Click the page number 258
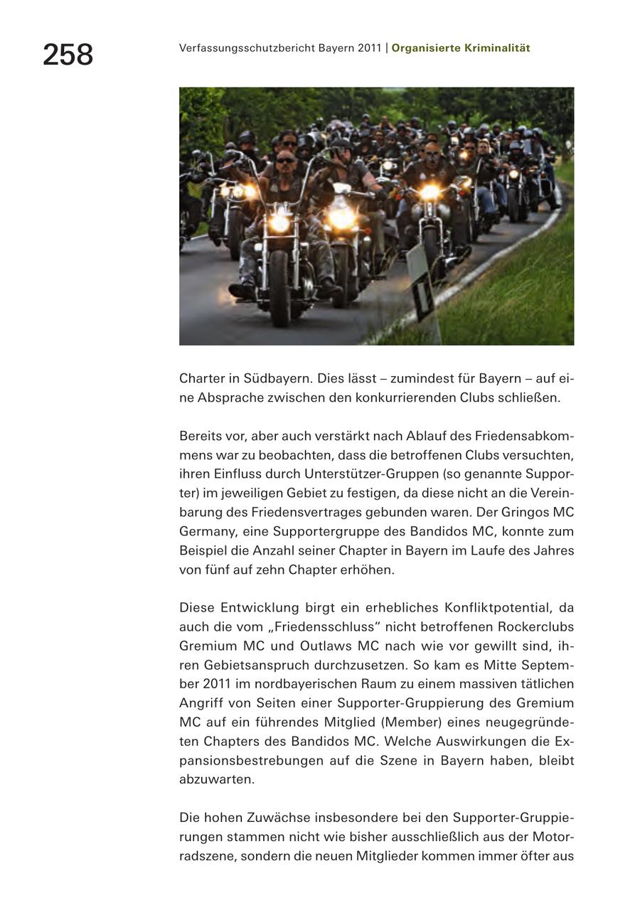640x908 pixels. tap(68, 55)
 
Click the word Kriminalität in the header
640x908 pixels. tap(498, 48)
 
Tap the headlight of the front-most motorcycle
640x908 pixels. tap(279, 223)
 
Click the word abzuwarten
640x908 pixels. tap(216, 779)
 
